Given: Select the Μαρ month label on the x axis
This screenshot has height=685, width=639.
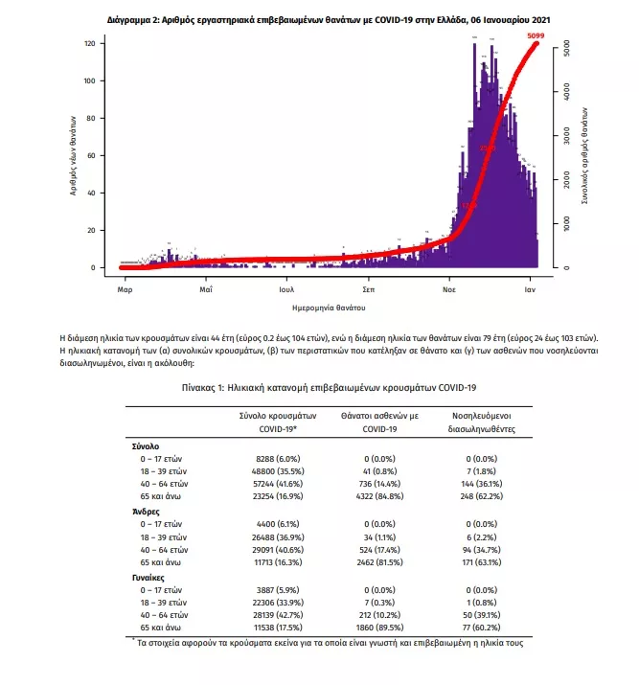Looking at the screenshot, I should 124,287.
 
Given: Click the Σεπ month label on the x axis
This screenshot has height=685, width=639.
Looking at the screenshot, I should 368,287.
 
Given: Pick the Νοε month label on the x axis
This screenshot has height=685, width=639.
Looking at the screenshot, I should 448,287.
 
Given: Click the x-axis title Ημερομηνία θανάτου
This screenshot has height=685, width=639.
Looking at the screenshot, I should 329,308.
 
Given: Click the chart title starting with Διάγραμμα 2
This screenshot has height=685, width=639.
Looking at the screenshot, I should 328,18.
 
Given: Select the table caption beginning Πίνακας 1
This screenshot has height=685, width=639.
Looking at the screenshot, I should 329,387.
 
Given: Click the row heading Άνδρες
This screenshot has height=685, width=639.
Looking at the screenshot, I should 145,514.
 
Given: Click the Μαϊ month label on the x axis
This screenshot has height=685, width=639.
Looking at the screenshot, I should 205,287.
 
